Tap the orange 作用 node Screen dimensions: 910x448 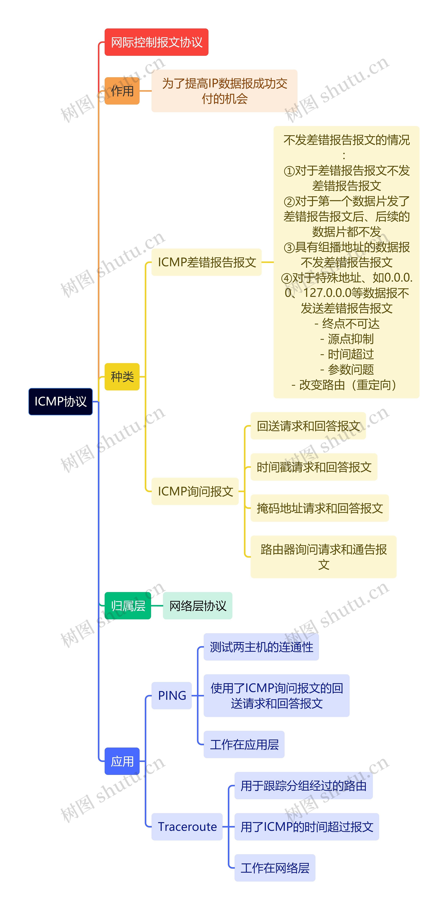coord(122,91)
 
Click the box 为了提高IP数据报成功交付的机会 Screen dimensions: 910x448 coord(224,91)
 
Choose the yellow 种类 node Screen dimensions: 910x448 coord(122,376)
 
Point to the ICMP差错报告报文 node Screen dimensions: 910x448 coord(207,262)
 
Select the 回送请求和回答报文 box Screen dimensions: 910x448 coord(308,426)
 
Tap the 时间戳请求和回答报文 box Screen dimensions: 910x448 coord(314,467)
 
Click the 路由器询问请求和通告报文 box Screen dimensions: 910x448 coord(323,557)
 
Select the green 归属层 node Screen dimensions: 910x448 coord(128,606)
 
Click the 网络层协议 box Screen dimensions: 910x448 coord(198,606)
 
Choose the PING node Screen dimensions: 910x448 coord(172,695)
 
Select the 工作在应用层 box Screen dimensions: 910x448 coord(244,744)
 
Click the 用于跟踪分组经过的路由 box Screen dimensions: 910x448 coord(303,786)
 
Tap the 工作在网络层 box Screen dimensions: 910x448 coord(275,868)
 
